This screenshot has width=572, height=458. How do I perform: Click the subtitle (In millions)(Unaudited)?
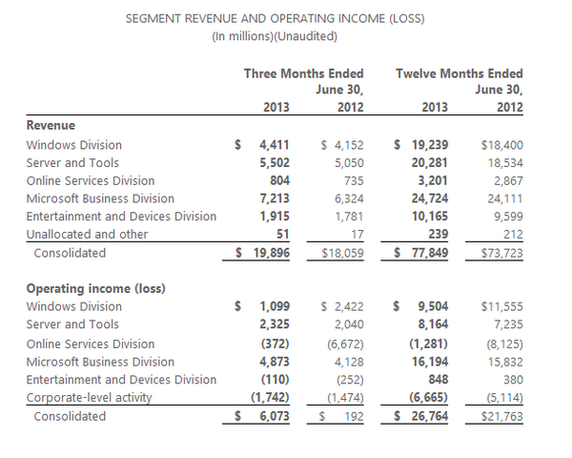click(276, 36)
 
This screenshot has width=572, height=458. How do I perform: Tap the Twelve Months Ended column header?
click(459, 73)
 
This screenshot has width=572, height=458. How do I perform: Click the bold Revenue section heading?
click(51, 125)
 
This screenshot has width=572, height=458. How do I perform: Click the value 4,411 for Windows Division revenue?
click(276, 145)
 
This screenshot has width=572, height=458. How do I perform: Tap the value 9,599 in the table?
click(504, 217)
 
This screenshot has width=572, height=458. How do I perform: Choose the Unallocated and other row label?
click(88, 235)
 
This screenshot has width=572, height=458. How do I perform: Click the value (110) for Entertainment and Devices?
click(276, 379)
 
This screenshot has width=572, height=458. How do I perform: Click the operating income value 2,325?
click(276, 324)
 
